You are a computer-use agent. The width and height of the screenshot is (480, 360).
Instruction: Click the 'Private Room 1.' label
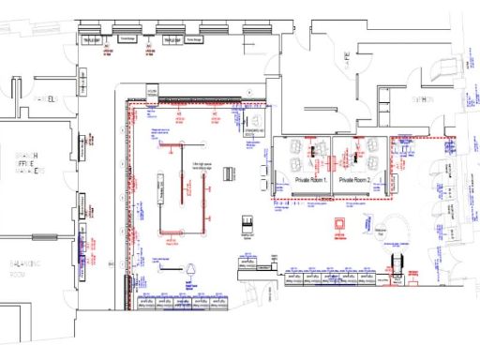[310, 178]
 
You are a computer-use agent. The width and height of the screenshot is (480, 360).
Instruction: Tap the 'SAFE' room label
[346, 59]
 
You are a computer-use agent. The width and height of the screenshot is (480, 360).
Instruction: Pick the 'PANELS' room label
[43, 99]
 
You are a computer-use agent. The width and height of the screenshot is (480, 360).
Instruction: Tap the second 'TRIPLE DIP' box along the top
[172, 41]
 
